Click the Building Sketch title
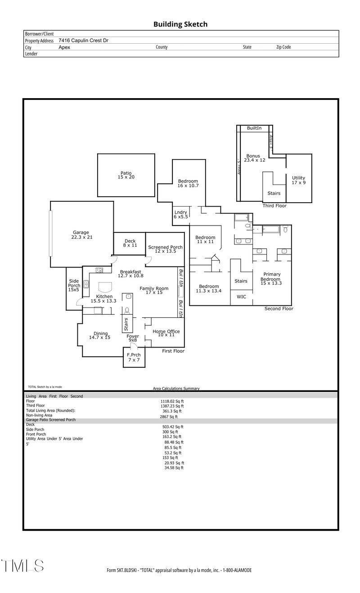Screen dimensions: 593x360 tap(180, 24)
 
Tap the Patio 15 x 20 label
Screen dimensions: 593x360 tap(126, 175)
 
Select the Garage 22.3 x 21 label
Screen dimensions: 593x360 tap(81, 235)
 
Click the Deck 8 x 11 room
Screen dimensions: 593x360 tap(130, 243)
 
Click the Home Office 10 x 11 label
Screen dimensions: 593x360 tap(166, 333)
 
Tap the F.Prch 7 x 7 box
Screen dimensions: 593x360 tap(134, 358)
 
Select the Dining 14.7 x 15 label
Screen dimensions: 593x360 tap(100, 335)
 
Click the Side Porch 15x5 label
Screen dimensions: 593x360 tap(74, 285)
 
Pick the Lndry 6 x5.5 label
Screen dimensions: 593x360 tap(181, 214)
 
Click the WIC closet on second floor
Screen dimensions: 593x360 tap(241, 297)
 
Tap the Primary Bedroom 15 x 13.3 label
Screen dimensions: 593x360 tap(272, 279)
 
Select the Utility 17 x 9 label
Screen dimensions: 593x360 tap(299, 180)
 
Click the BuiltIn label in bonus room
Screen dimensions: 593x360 tap(254, 128)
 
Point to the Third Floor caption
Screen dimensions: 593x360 tap(274, 206)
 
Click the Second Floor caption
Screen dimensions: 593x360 tap(279, 309)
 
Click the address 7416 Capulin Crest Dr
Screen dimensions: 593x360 tap(83, 41)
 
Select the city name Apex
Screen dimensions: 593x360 tap(64, 47)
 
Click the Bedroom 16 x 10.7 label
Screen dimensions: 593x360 tap(188, 183)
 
